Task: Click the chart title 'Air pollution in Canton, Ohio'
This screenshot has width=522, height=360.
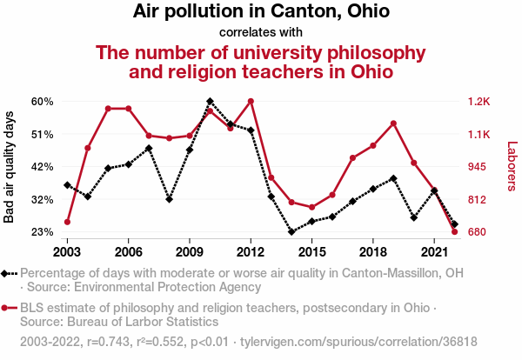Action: [261, 12]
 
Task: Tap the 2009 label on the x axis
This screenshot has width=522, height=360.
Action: [190, 251]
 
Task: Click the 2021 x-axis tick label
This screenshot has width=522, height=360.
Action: [434, 251]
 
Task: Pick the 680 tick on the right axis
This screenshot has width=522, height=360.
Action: [478, 232]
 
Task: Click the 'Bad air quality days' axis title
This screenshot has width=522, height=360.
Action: [10, 167]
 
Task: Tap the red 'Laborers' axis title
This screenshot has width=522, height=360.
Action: [512, 167]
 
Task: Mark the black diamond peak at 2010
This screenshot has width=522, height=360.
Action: [210, 102]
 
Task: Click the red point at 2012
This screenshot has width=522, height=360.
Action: [251, 101]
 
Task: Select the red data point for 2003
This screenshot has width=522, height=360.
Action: [67, 223]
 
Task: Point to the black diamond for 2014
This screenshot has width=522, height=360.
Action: [291, 232]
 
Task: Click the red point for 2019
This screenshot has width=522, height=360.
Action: [393, 123]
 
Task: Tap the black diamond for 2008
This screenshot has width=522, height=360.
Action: [169, 199]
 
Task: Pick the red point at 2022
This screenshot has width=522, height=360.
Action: [455, 232]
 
